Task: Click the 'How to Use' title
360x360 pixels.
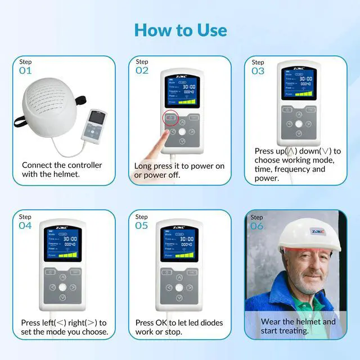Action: click(x=180, y=30)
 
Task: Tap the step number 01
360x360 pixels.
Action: click(x=25, y=71)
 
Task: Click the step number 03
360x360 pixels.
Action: click(x=258, y=71)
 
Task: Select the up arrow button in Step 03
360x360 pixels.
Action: click(x=299, y=114)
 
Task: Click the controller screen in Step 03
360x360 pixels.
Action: click(x=298, y=84)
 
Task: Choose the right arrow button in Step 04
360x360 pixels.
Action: click(x=73, y=287)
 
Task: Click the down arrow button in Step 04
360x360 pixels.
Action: click(x=63, y=296)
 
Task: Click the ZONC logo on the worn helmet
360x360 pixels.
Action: click(x=317, y=231)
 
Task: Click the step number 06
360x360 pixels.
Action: click(x=256, y=226)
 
